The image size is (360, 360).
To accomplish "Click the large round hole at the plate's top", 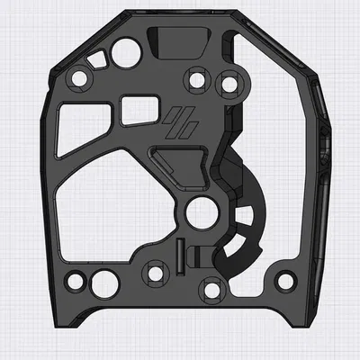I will click(121, 47).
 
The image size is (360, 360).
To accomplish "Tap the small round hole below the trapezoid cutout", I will click(79, 78).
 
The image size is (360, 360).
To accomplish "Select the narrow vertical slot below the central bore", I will click(180, 257).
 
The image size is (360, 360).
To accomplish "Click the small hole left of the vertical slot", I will click(156, 273).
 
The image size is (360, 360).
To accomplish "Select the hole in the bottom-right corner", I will click(286, 280).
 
